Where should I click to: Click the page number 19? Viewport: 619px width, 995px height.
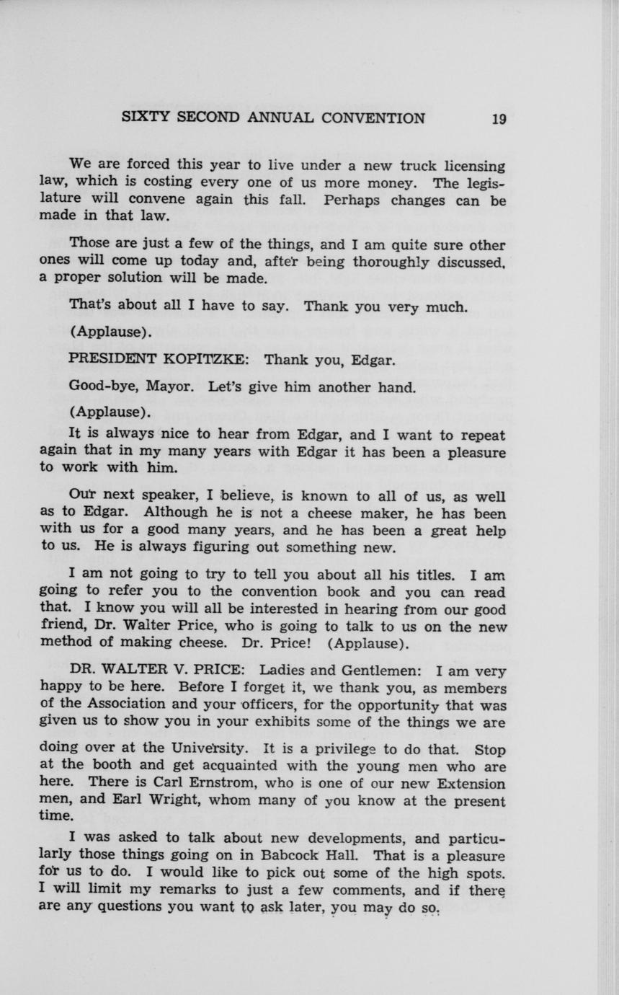pos(499,119)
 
